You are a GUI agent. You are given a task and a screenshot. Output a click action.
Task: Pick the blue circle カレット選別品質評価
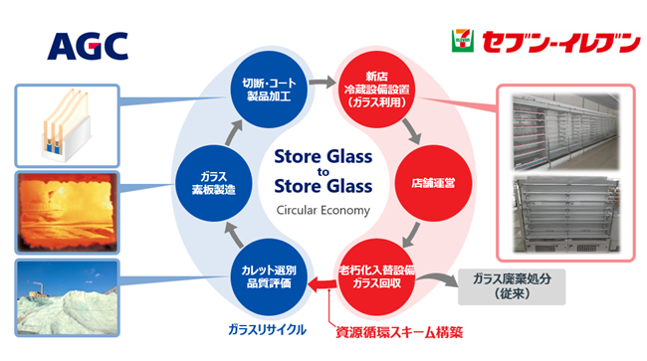[x=269, y=275]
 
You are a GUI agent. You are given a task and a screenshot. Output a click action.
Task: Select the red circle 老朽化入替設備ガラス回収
[x=375, y=275]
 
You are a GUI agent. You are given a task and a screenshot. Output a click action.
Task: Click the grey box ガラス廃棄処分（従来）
[x=513, y=286]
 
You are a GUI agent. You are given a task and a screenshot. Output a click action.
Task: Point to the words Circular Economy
[x=323, y=210]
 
